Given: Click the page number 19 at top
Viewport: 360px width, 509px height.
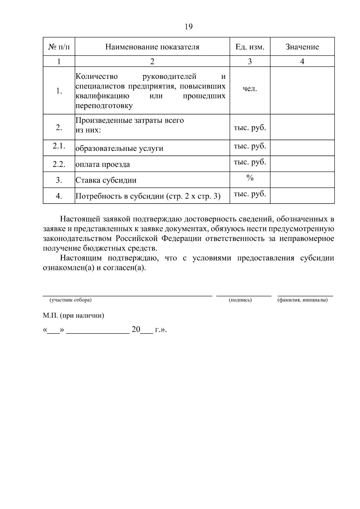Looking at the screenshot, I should (189, 27).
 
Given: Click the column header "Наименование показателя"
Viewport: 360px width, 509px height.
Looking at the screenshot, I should (152, 47).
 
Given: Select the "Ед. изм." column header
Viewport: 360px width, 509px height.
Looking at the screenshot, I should (250, 47).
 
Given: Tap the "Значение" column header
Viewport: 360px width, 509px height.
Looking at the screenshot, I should (302, 47).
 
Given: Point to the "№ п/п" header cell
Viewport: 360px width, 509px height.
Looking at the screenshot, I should (59, 47).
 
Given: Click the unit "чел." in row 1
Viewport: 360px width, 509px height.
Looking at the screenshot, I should (250, 89).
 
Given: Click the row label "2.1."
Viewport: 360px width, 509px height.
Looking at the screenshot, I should (59, 146).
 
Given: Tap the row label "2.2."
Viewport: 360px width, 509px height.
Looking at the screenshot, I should (59, 164).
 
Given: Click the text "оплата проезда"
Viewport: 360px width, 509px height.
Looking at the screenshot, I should (103, 164).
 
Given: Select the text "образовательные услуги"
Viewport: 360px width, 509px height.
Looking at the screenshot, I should (119, 148).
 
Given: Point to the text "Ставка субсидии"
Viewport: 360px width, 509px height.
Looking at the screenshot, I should (106, 180).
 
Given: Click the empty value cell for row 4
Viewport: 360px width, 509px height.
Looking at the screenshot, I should (302, 196).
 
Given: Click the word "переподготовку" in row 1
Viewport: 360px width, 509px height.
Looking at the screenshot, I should (104, 106).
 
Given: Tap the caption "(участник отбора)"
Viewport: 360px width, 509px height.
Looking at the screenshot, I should (71, 300).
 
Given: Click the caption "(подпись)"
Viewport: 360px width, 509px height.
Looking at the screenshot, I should (240, 300).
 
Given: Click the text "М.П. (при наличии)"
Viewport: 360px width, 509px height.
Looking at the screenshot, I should (73, 316).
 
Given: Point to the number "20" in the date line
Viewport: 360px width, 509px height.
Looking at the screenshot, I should (136, 330).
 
